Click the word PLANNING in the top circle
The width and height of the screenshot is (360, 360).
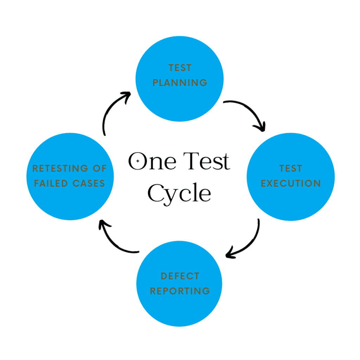point(180,83)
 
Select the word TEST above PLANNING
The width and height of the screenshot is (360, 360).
point(180,67)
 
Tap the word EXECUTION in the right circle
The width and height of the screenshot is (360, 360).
point(291,183)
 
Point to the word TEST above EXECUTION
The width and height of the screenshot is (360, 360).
point(291,168)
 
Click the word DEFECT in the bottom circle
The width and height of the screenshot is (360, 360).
point(180,276)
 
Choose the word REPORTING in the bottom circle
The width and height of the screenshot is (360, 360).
point(180,291)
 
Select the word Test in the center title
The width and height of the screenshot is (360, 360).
point(208,161)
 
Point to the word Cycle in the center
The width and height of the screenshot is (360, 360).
point(179,193)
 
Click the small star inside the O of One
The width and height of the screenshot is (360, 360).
point(138,161)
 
